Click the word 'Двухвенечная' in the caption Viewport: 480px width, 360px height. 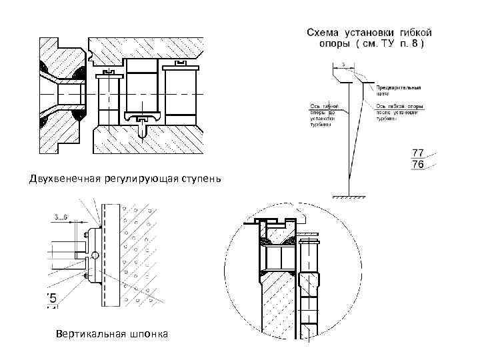pos(63,178)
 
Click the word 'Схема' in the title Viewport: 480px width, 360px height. pos(325,32)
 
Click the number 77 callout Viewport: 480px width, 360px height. pos(419,153)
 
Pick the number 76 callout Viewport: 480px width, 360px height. pos(419,164)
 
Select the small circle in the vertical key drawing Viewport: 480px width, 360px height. pos(95,255)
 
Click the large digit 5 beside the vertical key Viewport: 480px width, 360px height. pos(51,298)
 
